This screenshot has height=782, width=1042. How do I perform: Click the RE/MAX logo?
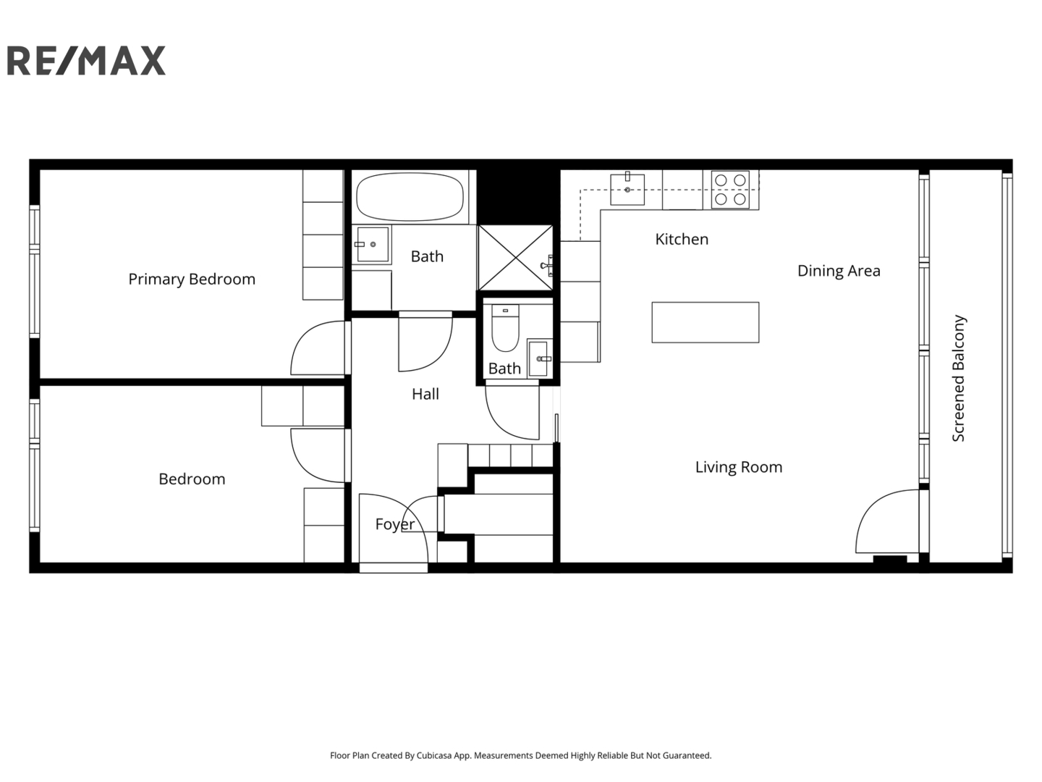(86, 60)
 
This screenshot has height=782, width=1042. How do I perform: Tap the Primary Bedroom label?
(192, 279)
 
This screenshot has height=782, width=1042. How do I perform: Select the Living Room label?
(739, 467)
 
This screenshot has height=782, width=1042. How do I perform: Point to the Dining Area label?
(839, 271)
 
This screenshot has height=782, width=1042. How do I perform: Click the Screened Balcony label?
(959, 378)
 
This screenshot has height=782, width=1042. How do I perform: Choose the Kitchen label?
(682, 239)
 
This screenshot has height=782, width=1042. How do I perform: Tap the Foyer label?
(395, 524)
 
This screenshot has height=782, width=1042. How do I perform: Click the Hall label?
(425, 394)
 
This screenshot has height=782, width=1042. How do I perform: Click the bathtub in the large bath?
(410, 196)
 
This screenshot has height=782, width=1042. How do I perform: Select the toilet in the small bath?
(506, 327)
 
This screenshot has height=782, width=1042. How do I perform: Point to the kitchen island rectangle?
(705, 322)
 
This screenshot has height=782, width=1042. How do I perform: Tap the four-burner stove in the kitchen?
(730, 190)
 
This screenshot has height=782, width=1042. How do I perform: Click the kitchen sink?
(627, 190)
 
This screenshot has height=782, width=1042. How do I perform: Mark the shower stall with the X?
(515, 258)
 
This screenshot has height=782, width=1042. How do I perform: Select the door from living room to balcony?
(886, 521)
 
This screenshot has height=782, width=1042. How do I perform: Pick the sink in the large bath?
(373, 245)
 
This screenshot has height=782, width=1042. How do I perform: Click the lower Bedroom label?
(192, 479)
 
